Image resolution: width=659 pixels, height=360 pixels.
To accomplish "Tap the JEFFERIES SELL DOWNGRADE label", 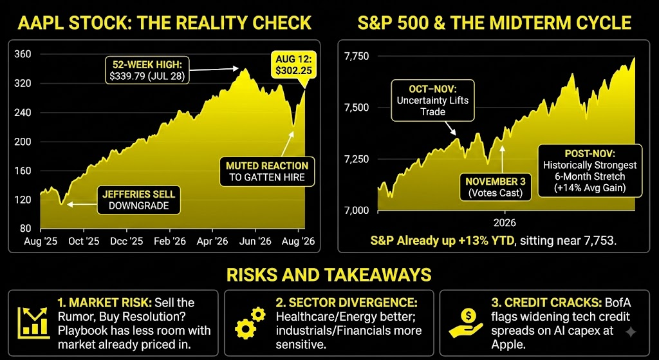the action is [x=139, y=200].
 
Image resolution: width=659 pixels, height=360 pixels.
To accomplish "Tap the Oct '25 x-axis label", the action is [x=84, y=242].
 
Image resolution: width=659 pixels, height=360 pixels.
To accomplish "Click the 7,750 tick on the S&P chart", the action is [x=357, y=57].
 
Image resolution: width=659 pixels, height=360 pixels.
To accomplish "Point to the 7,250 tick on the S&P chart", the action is [x=357, y=159].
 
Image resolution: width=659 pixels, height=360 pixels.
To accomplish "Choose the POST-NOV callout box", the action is [x=589, y=171].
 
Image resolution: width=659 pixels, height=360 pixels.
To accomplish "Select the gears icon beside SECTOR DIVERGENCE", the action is [x=251, y=323].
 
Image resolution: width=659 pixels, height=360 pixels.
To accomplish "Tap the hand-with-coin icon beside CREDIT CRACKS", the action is [x=465, y=323].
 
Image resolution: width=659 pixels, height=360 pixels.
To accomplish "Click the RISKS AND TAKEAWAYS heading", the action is [x=329, y=274].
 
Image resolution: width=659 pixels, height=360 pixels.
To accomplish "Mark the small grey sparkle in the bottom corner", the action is [x=631, y=332].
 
